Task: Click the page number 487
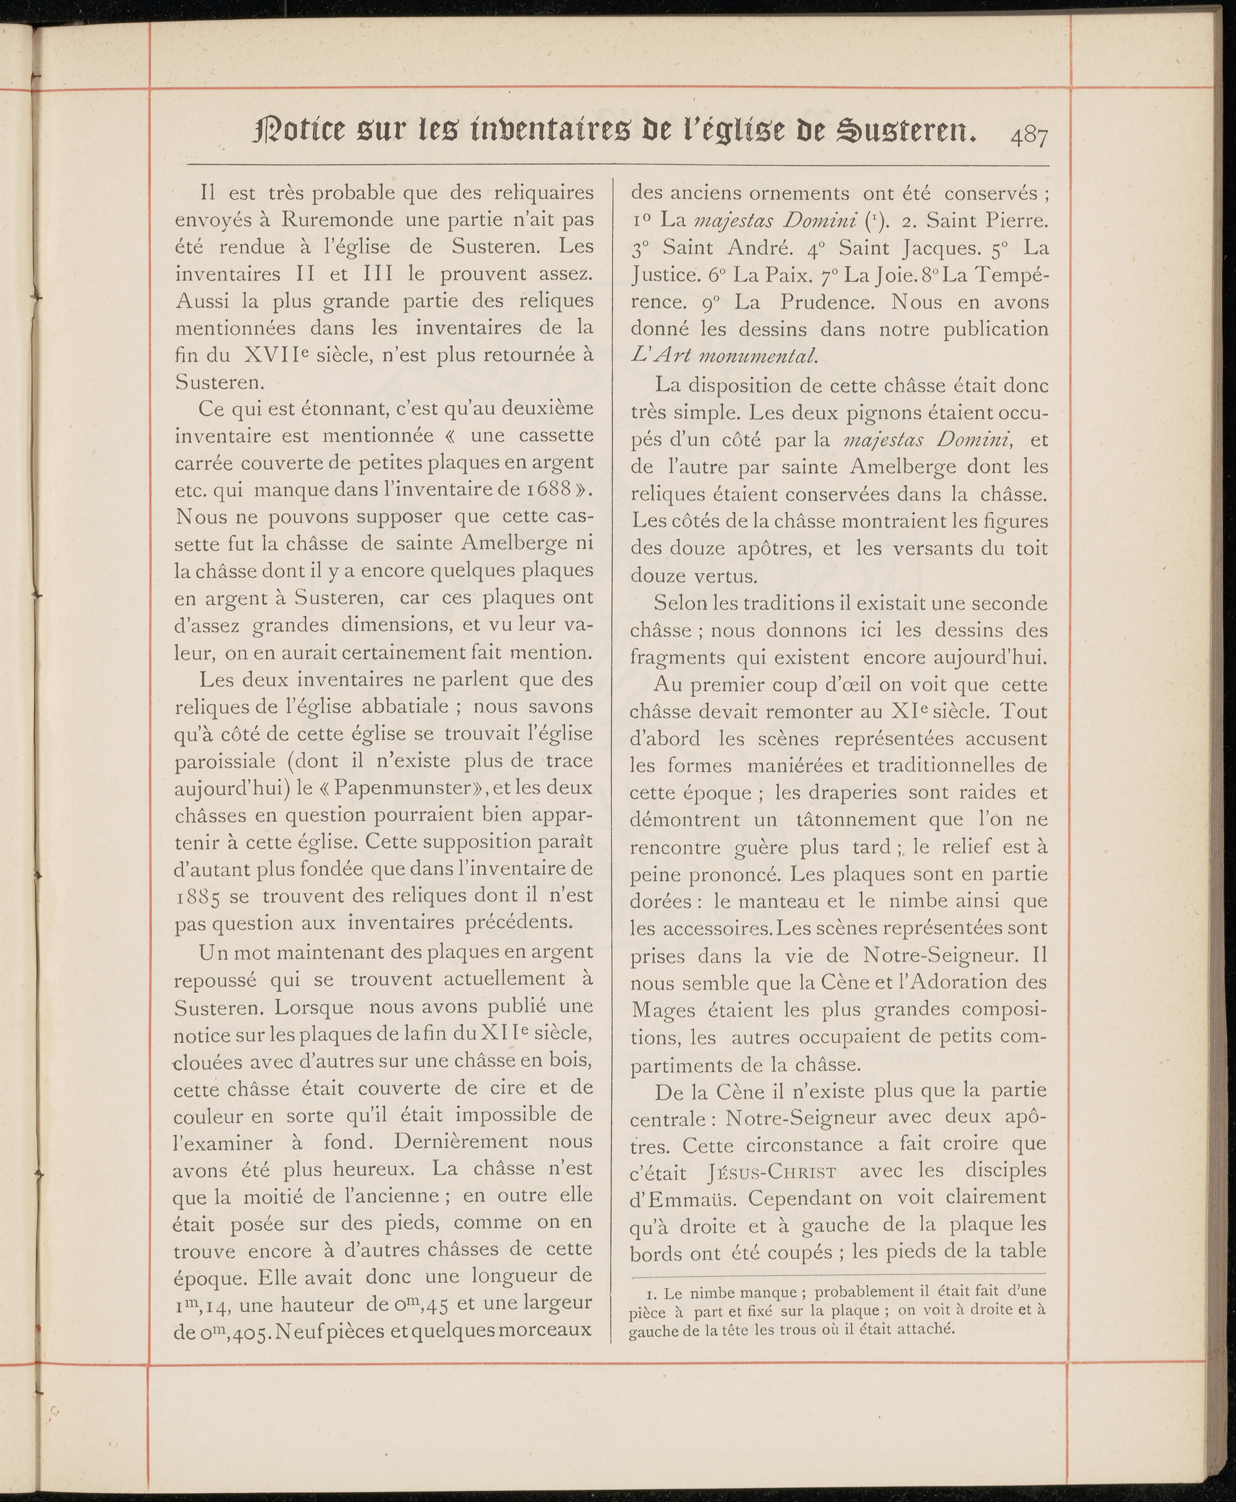[x=1028, y=135]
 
